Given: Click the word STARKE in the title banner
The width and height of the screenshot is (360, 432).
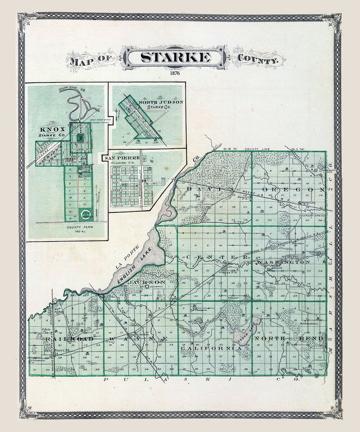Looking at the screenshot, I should point(175,58).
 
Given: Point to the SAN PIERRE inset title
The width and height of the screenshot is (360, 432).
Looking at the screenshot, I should point(118,158).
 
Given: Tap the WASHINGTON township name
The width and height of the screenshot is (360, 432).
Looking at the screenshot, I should point(284,262).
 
